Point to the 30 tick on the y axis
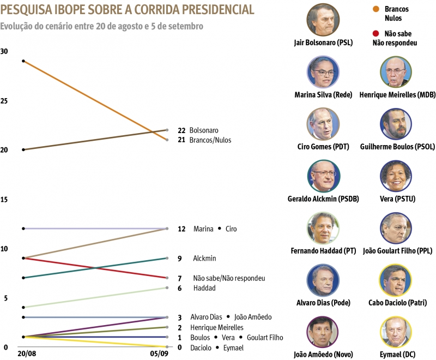pyautogui.click(x=4, y=51)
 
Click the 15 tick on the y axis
pyautogui.click(x=4, y=200)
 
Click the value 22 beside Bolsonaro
pyautogui.click(x=182, y=130)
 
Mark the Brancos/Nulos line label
pyautogui.click(x=210, y=140)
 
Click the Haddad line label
pyautogui.click(x=204, y=288)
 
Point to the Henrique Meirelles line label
pyautogui.click(x=216, y=327)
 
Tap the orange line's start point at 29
pyautogui.click(x=23, y=61)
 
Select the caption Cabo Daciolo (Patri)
pyautogui.click(x=397, y=303)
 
